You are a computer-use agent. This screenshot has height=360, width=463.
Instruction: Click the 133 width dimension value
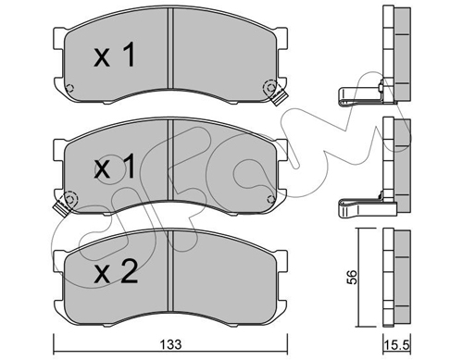click(171, 344)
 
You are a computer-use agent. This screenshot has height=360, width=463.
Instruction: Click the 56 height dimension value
click(352, 277)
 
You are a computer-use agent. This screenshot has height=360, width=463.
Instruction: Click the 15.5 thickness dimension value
click(397, 345)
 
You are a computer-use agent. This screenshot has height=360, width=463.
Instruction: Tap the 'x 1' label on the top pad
click(114, 56)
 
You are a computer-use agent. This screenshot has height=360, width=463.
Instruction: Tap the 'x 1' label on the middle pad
click(114, 167)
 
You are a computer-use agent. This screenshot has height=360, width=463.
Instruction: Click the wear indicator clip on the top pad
click(280, 97)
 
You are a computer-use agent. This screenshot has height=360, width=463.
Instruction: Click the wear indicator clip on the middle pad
click(62, 207)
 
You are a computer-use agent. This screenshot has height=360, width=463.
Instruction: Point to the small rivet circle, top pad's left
click(69, 88)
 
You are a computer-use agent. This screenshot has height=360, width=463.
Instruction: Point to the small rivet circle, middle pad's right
click(271, 199)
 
